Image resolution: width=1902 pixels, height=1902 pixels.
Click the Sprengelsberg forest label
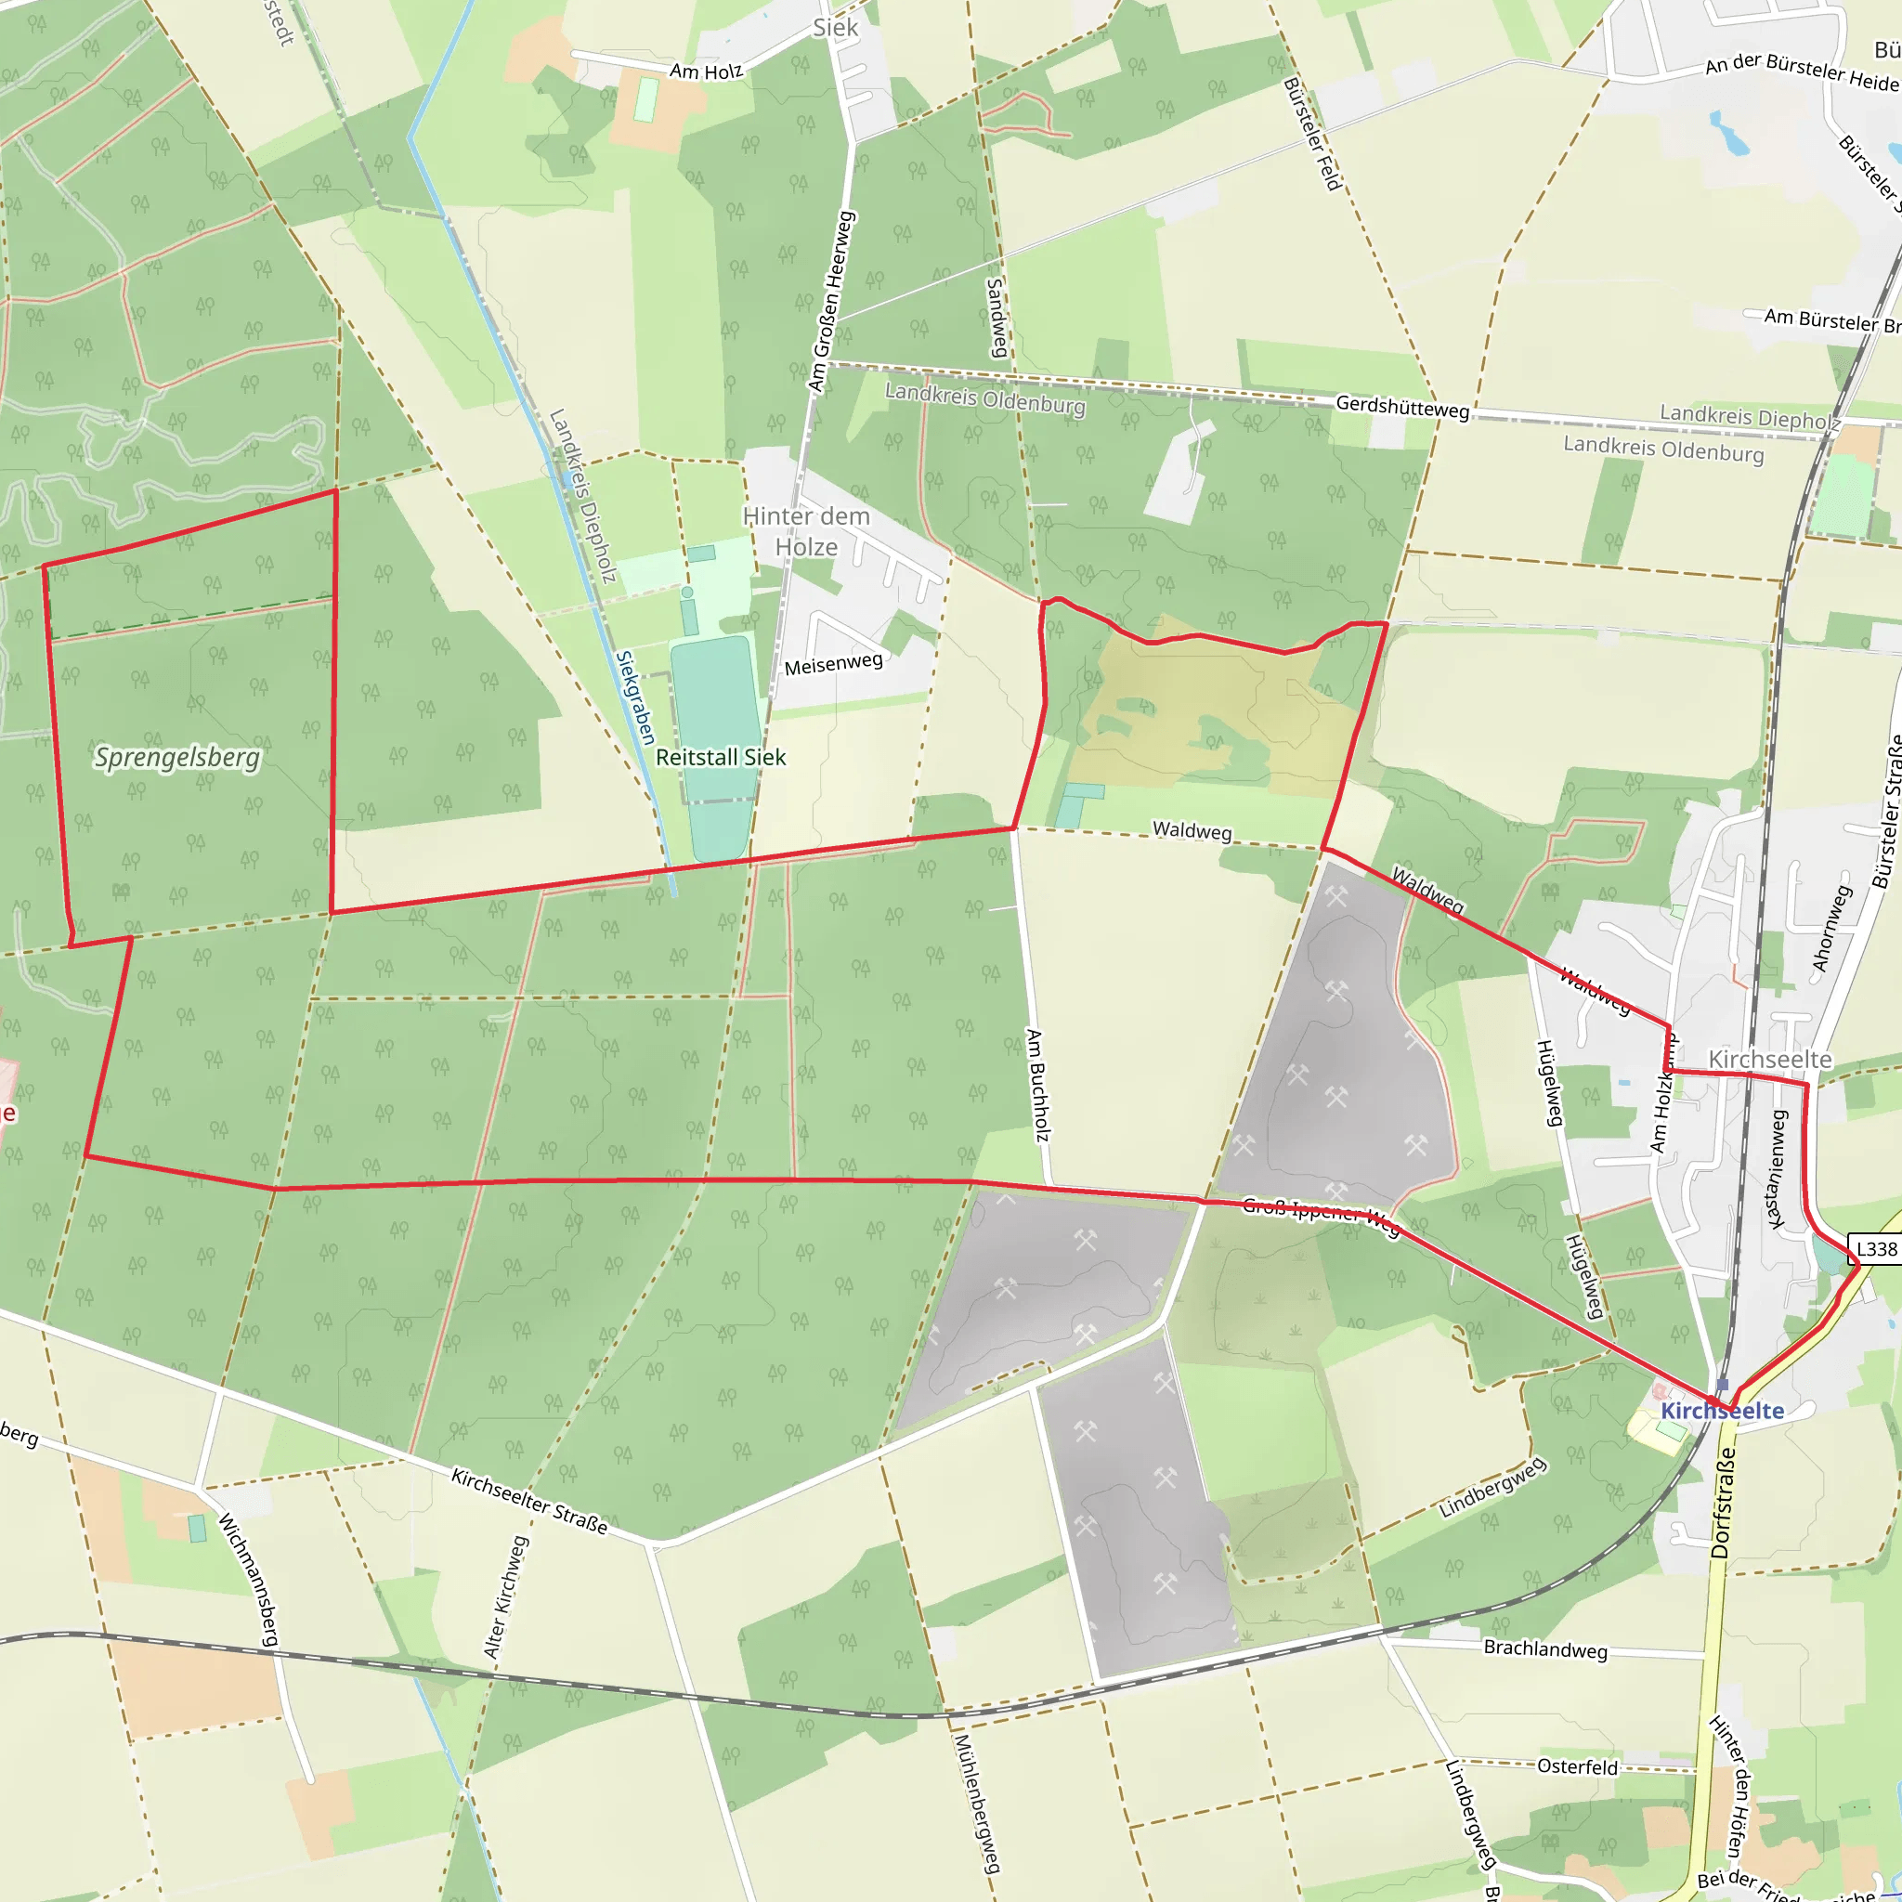pyautogui.click(x=177, y=758)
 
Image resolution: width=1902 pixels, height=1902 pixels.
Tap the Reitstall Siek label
pyautogui.click(x=721, y=757)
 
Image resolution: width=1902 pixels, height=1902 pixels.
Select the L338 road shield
pyautogui.click(x=1875, y=1249)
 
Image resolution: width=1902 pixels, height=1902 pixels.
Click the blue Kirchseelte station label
pyautogui.click(x=1722, y=1411)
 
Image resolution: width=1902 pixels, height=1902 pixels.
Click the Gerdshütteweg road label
pyautogui.click(x=1401, y=407)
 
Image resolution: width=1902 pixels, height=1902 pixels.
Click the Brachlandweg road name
pyautogui.click(x=1544, y=1649)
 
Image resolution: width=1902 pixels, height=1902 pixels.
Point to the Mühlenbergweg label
pyautogui.click(x=977, y=1803)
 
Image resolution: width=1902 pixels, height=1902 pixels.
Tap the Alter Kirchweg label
pyautogui.click(x=507, y=1596)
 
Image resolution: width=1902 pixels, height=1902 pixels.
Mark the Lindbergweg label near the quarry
pyautogui.click(x=1492, y=1487)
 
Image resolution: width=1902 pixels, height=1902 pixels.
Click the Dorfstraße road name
pyautogui.click(x=1723, y=1502)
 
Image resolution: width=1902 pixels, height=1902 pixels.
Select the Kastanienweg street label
pyautogui.click(x=1776, y=1169)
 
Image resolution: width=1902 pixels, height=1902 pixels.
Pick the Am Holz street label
pyautogui.click(x=706, y=71)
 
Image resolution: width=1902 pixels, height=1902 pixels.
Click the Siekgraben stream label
pyautogui.click(x=635, y=697)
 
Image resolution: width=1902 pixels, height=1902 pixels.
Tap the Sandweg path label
pyautogui.click(x=996, y=317)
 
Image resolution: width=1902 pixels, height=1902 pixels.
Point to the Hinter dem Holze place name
pyautogui.click(x=806, y=531)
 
